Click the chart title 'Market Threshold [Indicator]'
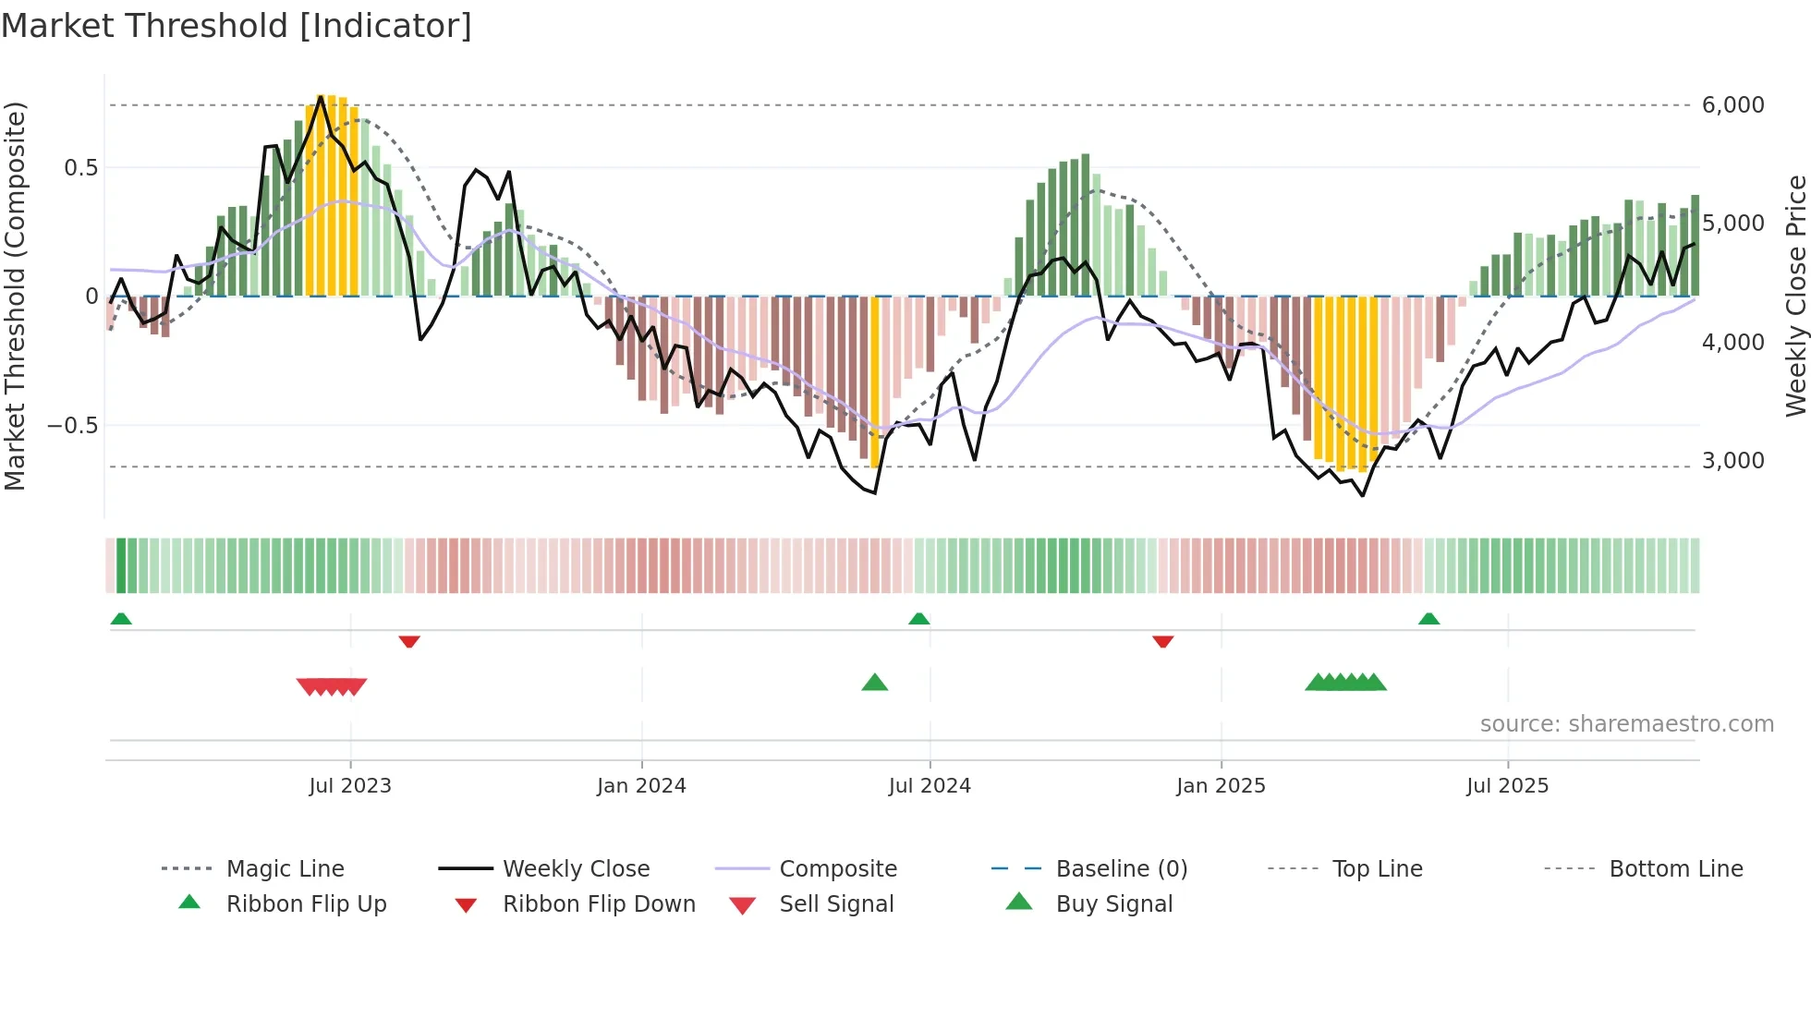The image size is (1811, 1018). click(237, 26)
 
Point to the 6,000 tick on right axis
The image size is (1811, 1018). click(1732, 105)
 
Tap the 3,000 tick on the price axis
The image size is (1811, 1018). click(1732, 461)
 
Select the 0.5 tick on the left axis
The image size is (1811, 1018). click(80, 168)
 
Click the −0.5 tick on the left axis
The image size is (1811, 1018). click(73, 426)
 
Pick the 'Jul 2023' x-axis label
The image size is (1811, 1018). click(350, 786)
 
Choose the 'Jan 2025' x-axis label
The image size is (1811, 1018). click(1221, 786)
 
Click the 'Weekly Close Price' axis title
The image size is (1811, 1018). click(1795, 296)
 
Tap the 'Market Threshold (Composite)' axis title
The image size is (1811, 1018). click(15, 296)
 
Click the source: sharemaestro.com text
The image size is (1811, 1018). click(1626, 724)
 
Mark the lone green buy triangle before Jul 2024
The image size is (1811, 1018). click(874, 683)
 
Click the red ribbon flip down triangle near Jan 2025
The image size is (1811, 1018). click(1163, 641)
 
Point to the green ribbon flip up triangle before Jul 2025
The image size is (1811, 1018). click(1428, 619)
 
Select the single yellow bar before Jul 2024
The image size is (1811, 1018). click(875, 382)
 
